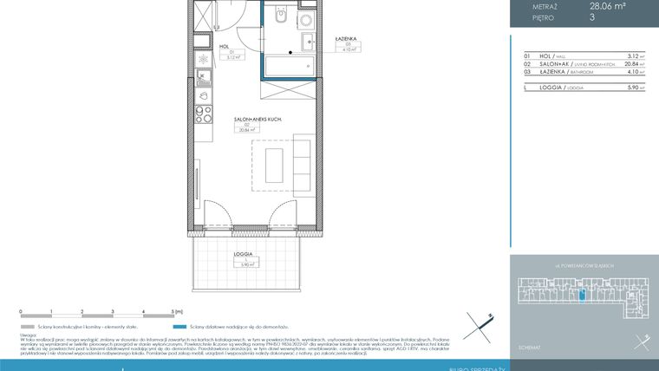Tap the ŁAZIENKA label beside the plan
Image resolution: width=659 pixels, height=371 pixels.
(346, 40)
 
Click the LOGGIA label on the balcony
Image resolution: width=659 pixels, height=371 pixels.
(243, 254)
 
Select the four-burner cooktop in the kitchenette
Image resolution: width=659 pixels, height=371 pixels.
(202, 114)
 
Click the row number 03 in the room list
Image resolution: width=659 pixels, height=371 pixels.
(526, 73)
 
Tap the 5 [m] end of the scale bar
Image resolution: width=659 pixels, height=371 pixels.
(176, 310)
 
